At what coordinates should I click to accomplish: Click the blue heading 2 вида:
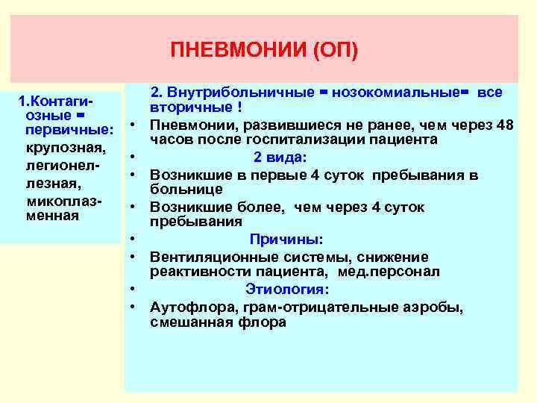(279, 157)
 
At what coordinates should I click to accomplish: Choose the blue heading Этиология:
(287, 289)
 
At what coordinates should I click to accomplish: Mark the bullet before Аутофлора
(132, 307)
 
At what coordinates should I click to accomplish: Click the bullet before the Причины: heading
(132, 239)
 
